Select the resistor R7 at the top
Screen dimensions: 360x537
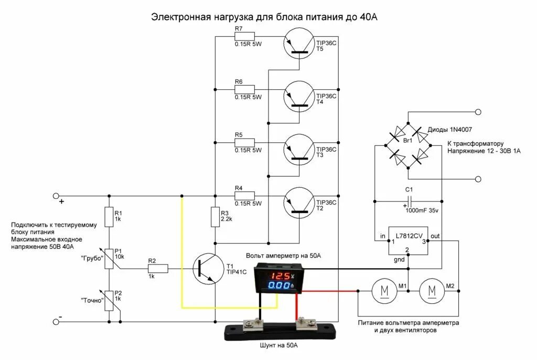point(244,36)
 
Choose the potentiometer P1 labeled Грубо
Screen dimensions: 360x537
point(109,258)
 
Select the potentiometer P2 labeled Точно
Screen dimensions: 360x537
point(109,301)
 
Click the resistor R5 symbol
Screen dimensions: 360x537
point(244,142)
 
